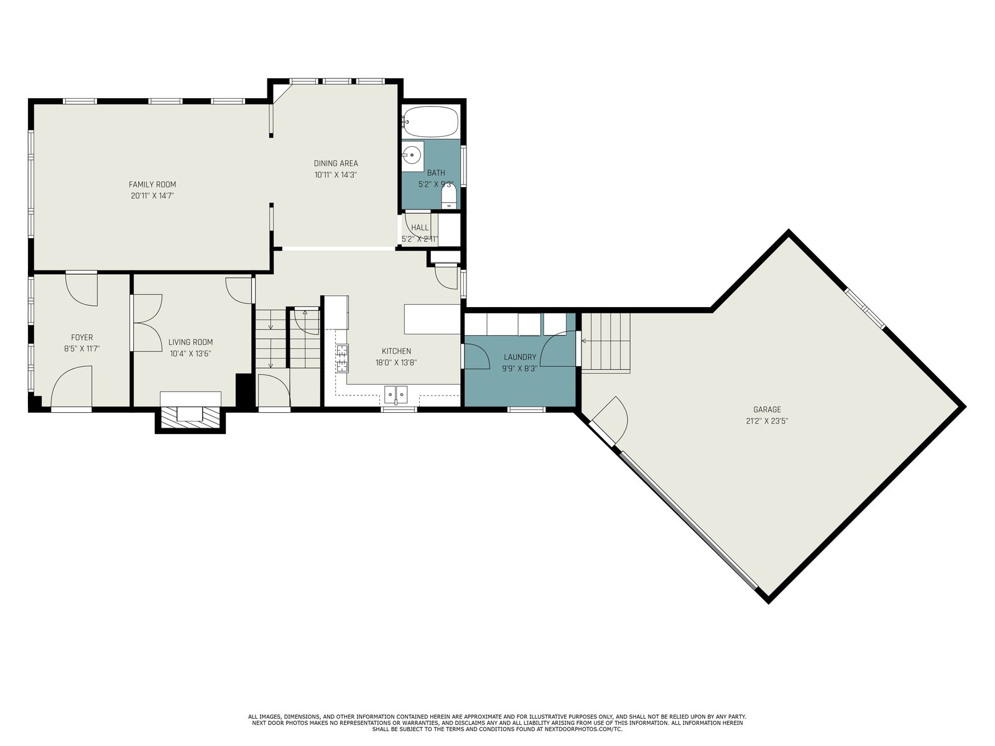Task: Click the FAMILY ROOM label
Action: point(152,185)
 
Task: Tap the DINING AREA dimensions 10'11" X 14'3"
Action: point(336,175)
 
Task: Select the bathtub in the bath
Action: point(430,121)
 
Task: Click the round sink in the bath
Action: point(412,155)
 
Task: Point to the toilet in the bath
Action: point(449,196)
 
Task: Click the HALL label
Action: point(420,228)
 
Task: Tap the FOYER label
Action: point(81,338)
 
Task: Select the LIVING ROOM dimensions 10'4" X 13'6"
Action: point(190,354)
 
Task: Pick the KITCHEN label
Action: point(396,351)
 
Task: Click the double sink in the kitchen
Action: point(396,395)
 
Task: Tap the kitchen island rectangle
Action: point(432,320)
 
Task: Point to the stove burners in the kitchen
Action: point(342,358)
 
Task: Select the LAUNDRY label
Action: point(519,357)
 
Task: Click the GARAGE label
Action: point(767,410)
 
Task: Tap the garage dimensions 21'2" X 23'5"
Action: point(767,421)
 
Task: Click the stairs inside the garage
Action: point(606,342)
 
